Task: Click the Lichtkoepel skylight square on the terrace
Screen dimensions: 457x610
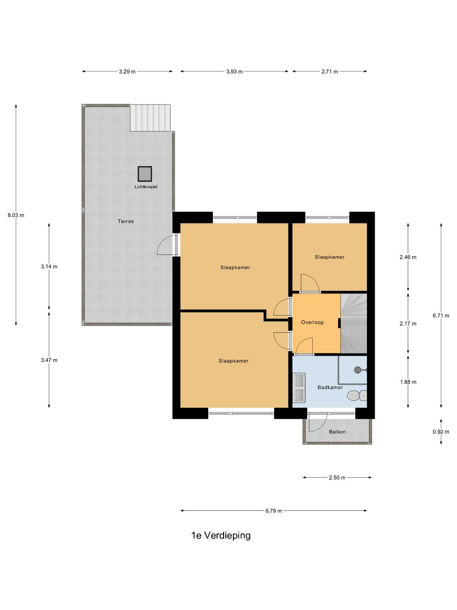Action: (145, 174)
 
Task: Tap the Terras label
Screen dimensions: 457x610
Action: (126, 222)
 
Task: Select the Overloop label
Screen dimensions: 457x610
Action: (312, 323)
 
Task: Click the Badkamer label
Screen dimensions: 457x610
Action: (330, 387)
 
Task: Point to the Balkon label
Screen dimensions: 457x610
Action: (337, 432)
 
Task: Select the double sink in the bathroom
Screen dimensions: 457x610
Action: (299, 387)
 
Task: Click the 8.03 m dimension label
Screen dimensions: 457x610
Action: (16, 215)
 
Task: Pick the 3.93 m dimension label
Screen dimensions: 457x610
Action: (235, 72)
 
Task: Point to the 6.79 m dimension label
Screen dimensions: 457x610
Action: (273, 511)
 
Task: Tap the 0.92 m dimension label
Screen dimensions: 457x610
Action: (441, 432)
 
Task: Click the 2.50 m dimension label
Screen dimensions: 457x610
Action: (337, 478)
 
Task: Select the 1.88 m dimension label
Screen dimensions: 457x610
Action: (408, 382)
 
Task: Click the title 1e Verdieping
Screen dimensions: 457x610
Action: (221, 536)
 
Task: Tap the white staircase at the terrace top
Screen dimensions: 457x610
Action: (150, 118)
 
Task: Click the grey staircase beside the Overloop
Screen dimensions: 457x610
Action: (354, 323)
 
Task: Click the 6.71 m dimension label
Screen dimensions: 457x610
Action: (441, 316)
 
